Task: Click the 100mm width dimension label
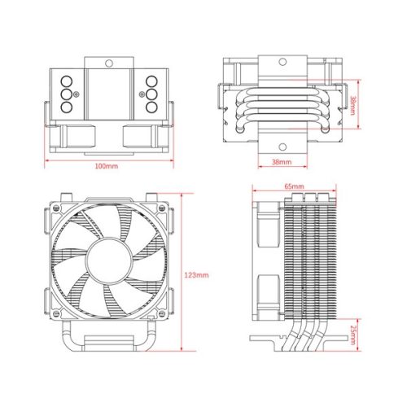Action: pyautogui.click(x=107, y=167)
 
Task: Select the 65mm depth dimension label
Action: pyautogui.click(x=295, y=186)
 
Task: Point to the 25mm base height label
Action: pyautogui.click(x=353, y=333)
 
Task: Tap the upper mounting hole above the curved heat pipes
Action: pyautogui.click(x=281, y=63)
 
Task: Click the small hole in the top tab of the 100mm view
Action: pyautogui.click(x=107, y=59)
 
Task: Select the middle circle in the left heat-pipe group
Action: pyautogui.click(x=63, y=94)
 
